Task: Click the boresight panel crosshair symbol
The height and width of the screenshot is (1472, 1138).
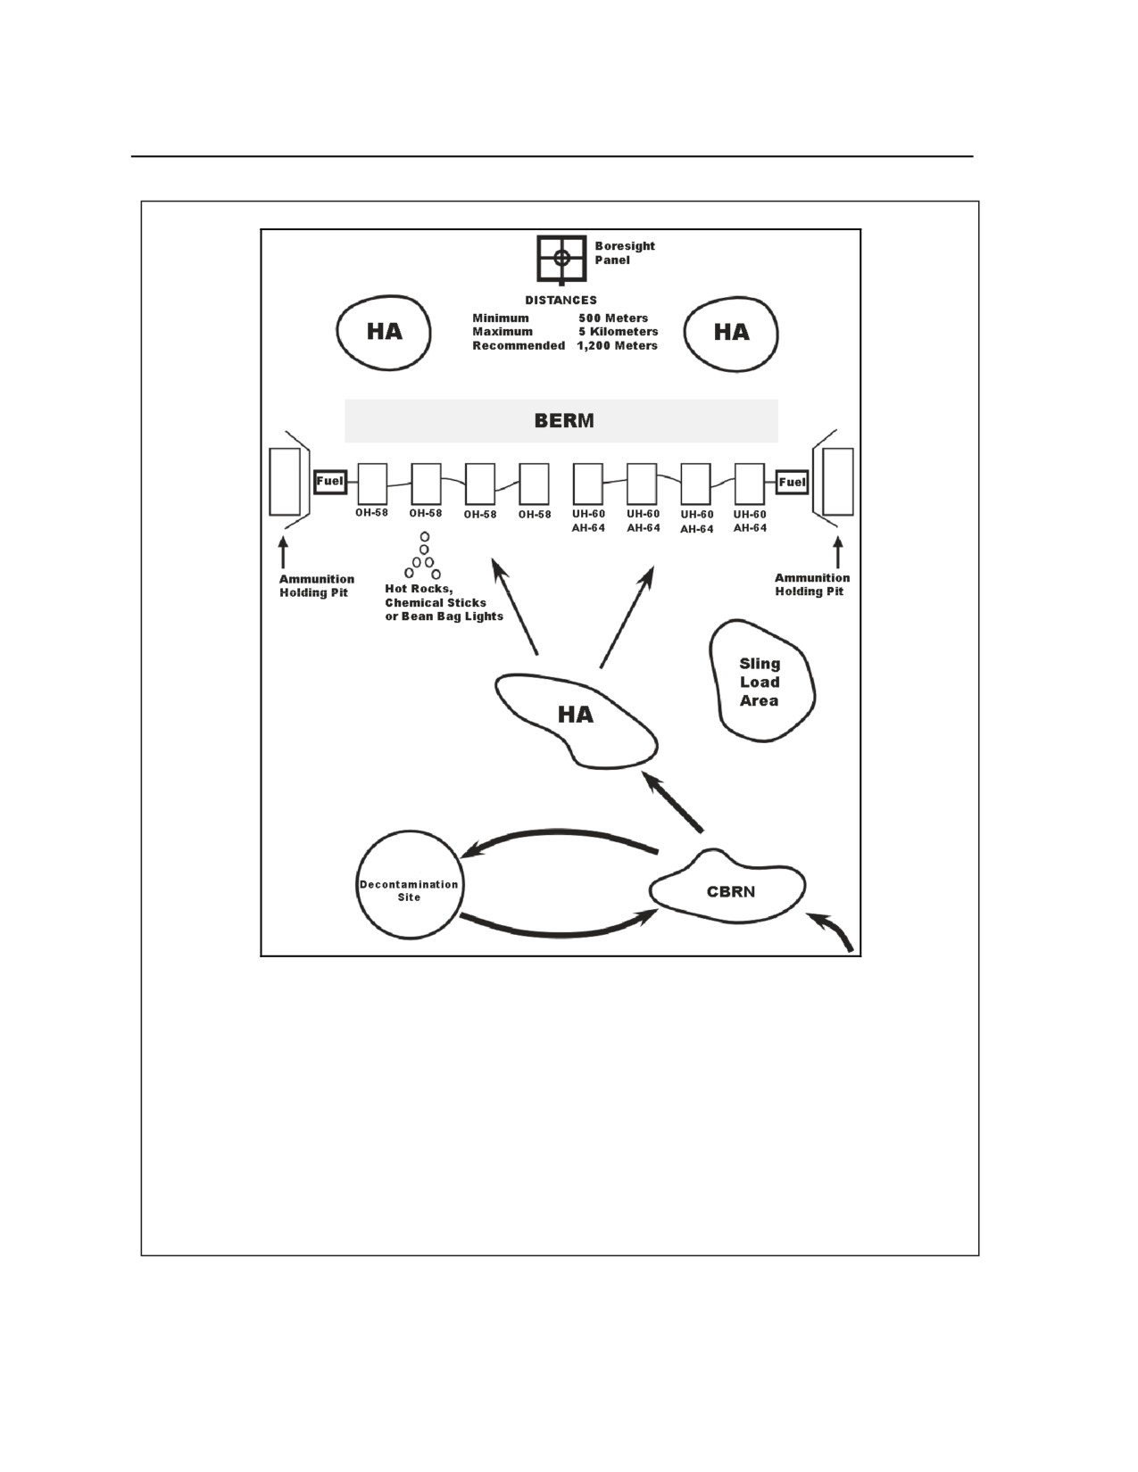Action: (561, 258)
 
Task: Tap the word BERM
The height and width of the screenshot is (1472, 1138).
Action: (564, 421)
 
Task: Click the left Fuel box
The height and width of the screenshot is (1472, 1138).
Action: (330, 482)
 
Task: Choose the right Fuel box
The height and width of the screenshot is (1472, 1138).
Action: (793, 483)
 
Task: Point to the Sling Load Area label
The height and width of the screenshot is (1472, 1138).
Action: (760, 682)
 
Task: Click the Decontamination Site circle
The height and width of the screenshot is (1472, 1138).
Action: (357, 885)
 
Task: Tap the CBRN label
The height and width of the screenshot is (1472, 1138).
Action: (731, 891)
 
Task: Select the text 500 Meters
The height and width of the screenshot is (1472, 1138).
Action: (613, 318)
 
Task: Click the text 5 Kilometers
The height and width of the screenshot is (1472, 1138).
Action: (619, 332)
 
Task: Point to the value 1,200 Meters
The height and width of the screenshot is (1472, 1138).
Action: (618, 345)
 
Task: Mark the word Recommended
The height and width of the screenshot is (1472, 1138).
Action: (519, 345)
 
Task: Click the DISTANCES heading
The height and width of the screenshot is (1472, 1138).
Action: (561, 300)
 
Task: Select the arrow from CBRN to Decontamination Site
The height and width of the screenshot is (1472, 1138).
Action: (559, 833)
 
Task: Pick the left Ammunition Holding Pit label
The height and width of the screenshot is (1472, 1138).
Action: (317, 586)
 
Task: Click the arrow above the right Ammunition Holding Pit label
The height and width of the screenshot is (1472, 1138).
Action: (838, 553)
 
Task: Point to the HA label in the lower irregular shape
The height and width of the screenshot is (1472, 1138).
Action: (576, 715)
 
